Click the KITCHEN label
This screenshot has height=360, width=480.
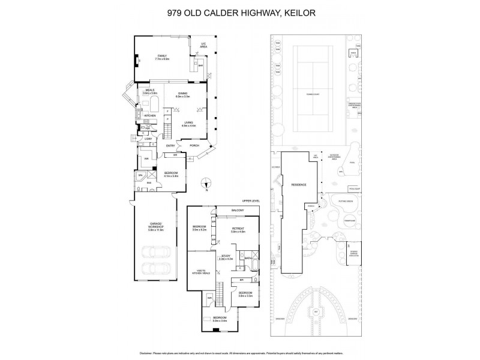[150, 115]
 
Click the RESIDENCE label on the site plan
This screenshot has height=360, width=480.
[299, 185]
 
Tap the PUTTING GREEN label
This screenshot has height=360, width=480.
[346, 202]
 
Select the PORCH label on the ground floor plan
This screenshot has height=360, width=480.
[194, 146]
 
